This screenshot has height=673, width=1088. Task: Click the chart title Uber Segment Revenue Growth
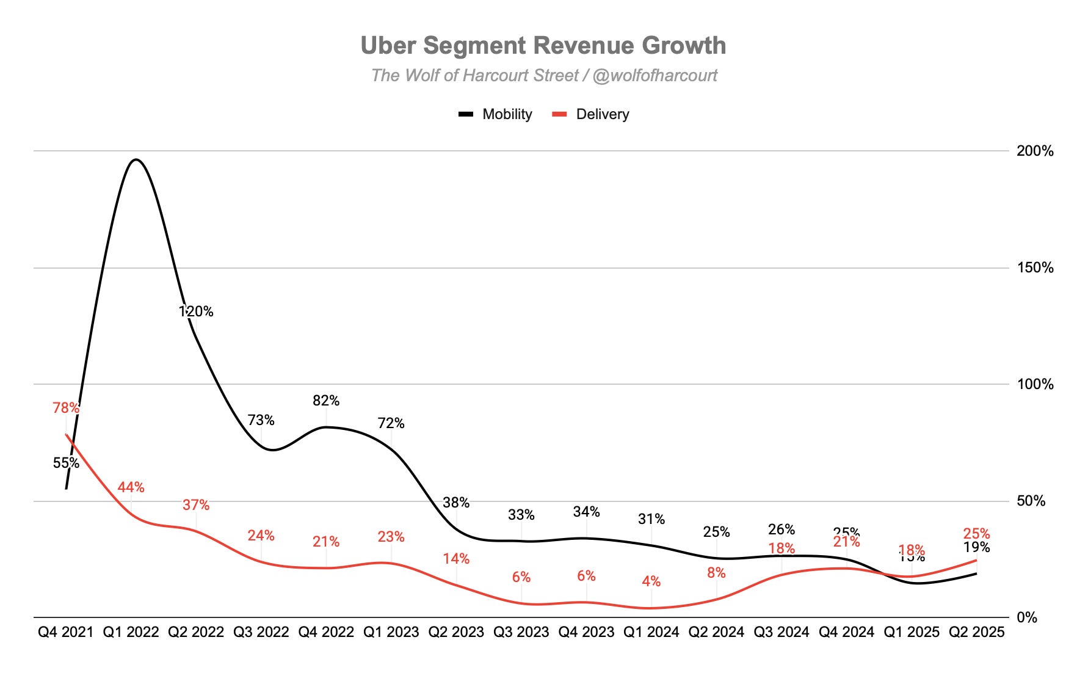pyautogui.click(x=543, y=46)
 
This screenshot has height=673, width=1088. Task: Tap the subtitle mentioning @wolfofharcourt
pyautogui.click(x=544, y=75)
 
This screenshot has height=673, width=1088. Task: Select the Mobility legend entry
pyautogui.click(x=496, y=114)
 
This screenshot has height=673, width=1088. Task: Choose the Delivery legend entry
pyautogui.click(x=590, y=114)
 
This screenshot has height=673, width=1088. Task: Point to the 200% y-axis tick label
pyautogui.click(x=1035, y=151)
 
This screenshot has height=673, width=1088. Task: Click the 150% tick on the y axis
pyautogui.click(x=1035, y=267)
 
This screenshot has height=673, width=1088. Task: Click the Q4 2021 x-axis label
pyautogui.click(x=66, y=632)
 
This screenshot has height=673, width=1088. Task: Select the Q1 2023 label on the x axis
pyautogui.click(x=391, y=632)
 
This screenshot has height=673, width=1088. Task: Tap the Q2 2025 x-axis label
pyautogui.click(x=976, y=632)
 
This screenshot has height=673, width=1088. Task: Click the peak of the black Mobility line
pyautogui.click(x=136, y=160)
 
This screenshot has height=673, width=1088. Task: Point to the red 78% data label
pyautogui.click(x=66, y=407)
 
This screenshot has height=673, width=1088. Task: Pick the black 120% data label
pyautogui.click(x=196, y=311)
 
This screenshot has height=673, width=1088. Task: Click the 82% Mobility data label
pyautogui.click(x=326, y=401)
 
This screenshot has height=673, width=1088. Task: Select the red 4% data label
pyautogui.click(x=651, y=581)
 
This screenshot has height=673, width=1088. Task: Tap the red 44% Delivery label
pyautogui.click(x=131, y=487)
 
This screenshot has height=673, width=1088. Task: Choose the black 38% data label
pyautogui.click(x=456, y=503)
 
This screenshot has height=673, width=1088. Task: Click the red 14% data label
pyautogui.click(x=456, y=559)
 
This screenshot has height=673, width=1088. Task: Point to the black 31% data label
pyautogui.click(x=651, y=519)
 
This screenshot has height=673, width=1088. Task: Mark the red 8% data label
pyautogui.click(x=716, y=573)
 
